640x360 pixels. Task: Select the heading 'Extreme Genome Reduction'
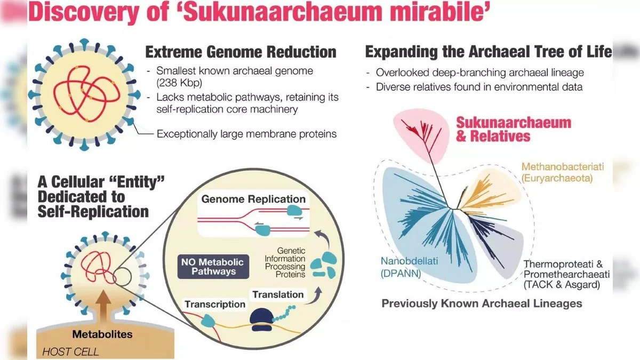(241, 52)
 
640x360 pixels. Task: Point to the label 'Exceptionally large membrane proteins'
(246, 134)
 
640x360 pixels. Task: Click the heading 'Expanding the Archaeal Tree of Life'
(488, 52)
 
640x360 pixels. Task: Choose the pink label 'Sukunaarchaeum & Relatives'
(513, 129)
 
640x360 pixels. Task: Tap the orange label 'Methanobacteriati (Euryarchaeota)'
(557, 172)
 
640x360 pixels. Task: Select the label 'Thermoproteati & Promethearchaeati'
(570, 269)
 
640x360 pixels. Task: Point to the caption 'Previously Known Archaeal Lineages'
(482, 303)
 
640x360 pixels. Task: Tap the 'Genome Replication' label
(253, 199)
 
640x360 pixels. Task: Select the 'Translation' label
(278, 294)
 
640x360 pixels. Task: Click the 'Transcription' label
(215, 305)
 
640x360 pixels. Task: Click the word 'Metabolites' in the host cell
(102, 335)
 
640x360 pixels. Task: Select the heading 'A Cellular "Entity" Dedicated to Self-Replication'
(93, 196)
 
